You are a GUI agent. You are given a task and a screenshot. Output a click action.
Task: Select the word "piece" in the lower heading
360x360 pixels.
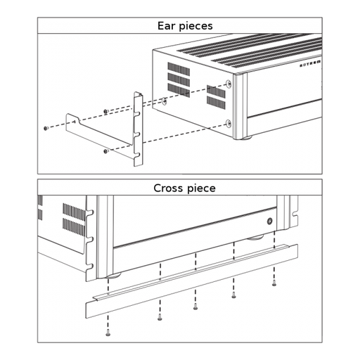[200, 189]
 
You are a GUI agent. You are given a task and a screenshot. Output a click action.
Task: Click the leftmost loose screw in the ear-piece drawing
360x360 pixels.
[45, 128]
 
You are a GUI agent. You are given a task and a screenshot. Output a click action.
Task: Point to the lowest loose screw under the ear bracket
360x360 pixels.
[105, 151]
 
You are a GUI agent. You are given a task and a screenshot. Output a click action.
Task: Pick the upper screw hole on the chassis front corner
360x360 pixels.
[230, 84]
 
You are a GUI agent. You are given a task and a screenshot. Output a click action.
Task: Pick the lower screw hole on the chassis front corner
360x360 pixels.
[229, 124]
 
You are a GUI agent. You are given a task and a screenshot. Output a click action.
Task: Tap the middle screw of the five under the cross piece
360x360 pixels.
[195, 307]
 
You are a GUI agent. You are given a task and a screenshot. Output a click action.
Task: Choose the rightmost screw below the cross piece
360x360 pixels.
[274, 285]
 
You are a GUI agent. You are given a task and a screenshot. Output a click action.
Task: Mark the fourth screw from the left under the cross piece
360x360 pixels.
[233, 296]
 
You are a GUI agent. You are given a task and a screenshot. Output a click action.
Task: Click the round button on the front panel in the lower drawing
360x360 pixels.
[270, 221]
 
